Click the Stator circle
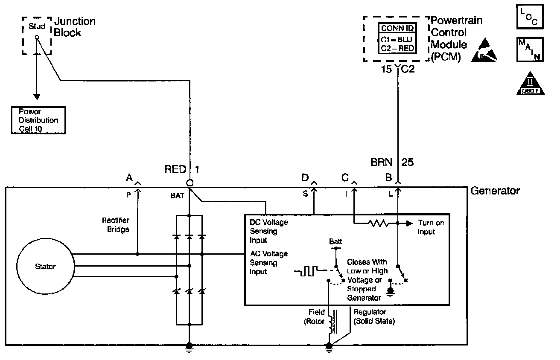point(45,267)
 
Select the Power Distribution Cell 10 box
point(38,120)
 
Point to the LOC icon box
point(530,17)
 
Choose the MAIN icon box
point(530,49)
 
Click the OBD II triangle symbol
point(530,83)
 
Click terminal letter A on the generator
point(129,177)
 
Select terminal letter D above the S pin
point(305,177)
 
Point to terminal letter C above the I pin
point(345,177)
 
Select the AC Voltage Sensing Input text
point(268,263)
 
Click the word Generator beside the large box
point(495,191)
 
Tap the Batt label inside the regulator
point(335,242)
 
